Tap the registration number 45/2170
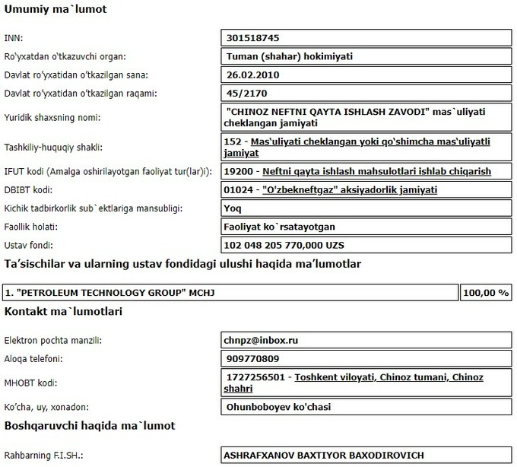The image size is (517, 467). pos(248,94)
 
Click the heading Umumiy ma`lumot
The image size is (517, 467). pos(56,10)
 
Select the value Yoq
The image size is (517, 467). pos(235,208)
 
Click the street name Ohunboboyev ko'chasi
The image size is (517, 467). pos(278,407)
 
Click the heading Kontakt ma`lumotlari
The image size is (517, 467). pos(64,312)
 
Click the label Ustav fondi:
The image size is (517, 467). pos(27,246)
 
